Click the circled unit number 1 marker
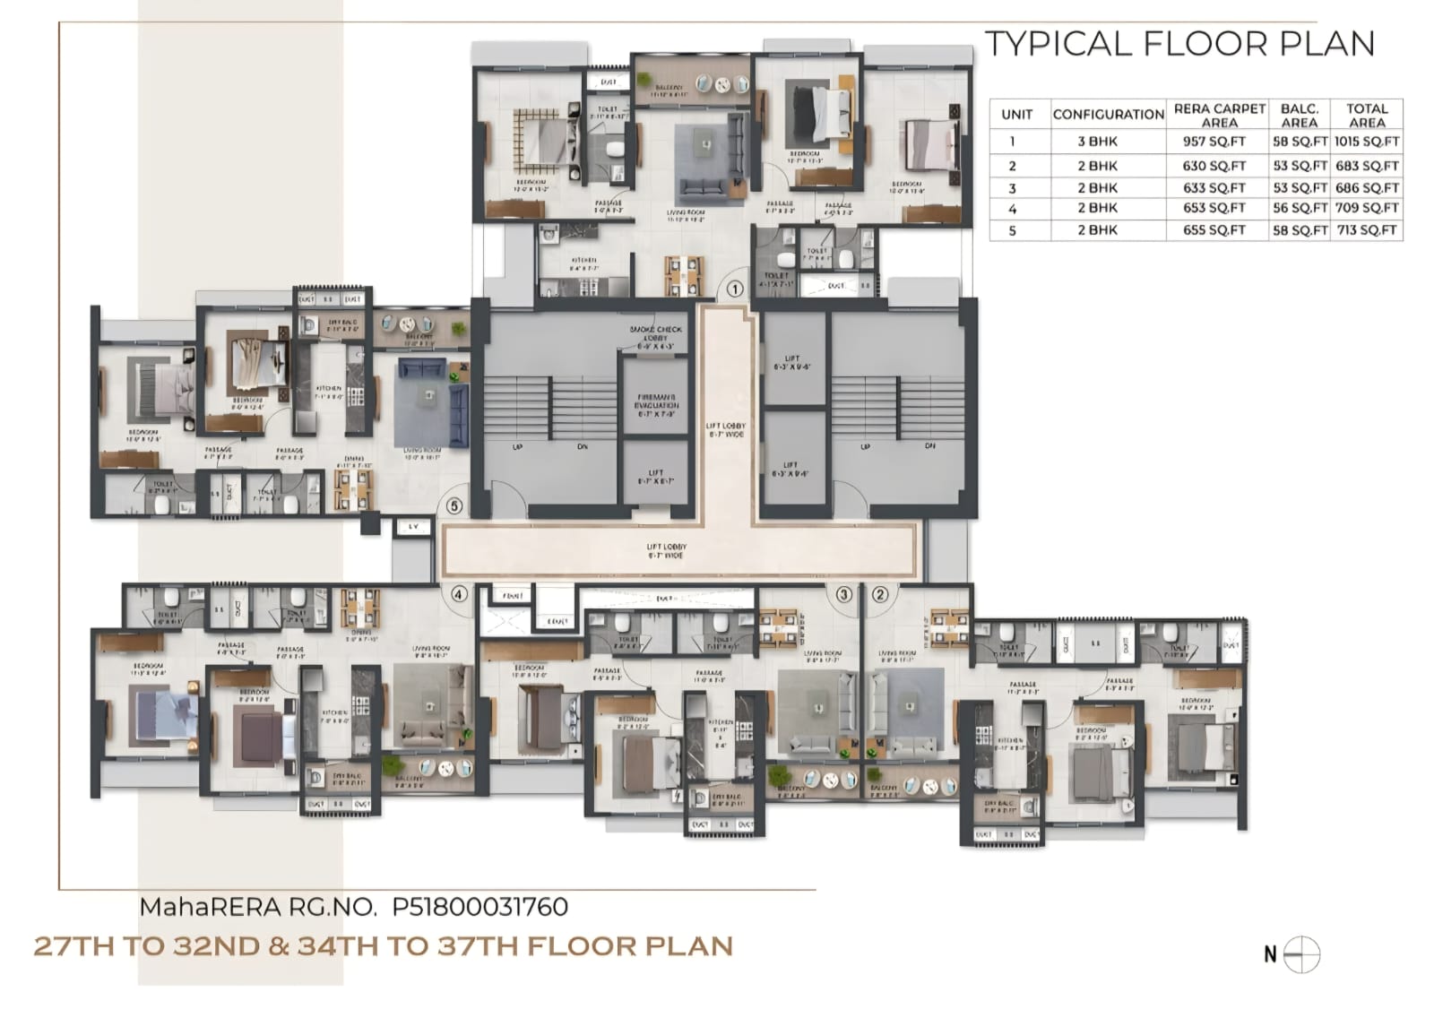735,289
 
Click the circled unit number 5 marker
454,506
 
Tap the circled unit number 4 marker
458,593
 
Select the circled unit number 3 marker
843,593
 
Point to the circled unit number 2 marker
880,593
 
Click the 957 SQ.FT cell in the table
1214,142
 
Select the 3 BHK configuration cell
1097,142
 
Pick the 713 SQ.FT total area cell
1366,230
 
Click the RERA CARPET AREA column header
1219,115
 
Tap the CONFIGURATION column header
1108,115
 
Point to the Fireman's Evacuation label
656,405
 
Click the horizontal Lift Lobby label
667,551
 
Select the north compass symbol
1302,954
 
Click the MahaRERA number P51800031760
479,907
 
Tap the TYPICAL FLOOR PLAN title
1179,44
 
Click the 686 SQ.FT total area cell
1366,188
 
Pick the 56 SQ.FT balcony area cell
1300,208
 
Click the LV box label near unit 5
413,527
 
